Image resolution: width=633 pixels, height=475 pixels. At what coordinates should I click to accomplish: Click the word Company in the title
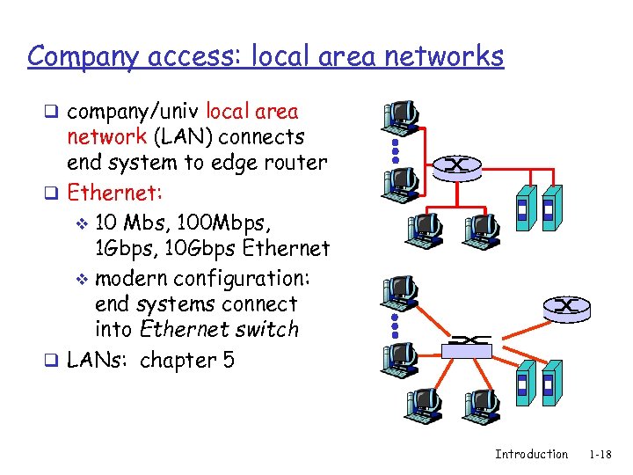coord(76,56)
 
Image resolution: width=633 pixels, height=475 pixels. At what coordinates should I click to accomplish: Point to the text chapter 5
coord(187,361)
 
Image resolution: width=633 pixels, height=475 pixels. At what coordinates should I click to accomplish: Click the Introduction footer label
coord(531,454)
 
